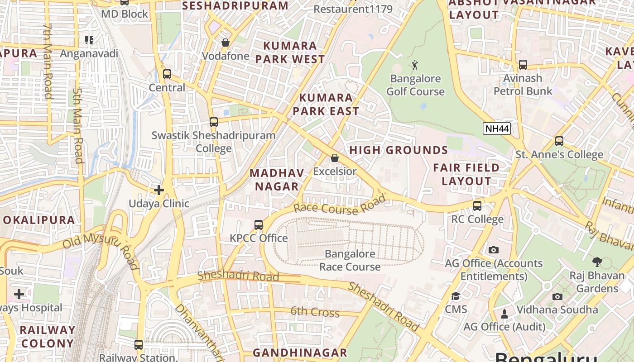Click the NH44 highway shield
pyautogui.click(x=497, y=129)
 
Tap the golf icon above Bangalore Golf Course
pyautogui.click(x=415, y=66)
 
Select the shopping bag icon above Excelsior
pyautogui.click(x=334, y=158)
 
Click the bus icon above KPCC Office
pyautogui.click(x=259, y=224)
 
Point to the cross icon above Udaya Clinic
pyautogui.click(x=159, y=190)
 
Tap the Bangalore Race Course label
pyautogui.click(x=350, y=260)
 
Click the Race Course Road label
pyautogui.click(x=340, y=205)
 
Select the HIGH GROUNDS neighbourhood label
pyautogui.click(x=399, y=150)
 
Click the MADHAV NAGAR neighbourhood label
pyautogui.click(x=277, y=180)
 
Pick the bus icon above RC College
pyautogui.click(x=477, y=206)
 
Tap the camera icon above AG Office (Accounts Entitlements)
pyautogui.click(x=494, y=250)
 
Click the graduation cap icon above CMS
pyautogui.click(x=456, y=296)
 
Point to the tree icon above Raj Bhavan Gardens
pyautogui.click(x=597, y=262)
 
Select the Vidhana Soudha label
pyautogui.click(x=557, y=310)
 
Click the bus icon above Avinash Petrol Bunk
pyautogui.click(x=523, y=65)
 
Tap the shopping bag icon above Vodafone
pyautogui.click(x=226, y=43)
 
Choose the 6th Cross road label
pyautogui.click(x=315, y=312)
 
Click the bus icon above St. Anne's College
pyautogui.click(x=559, y=141)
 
